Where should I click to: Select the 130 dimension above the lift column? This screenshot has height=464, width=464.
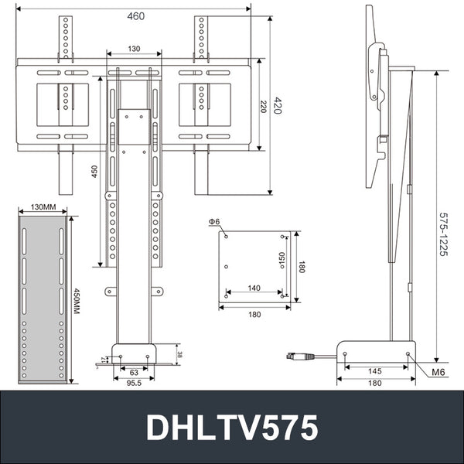coord(134,49)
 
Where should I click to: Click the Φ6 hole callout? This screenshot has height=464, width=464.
coord(215,222)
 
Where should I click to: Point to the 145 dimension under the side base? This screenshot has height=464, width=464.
coord(375,370)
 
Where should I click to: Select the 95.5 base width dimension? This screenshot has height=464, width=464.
coord(135,382)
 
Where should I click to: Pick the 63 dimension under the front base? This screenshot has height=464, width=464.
coord(134,371)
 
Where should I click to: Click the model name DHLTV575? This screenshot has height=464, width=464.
coord(231,427)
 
